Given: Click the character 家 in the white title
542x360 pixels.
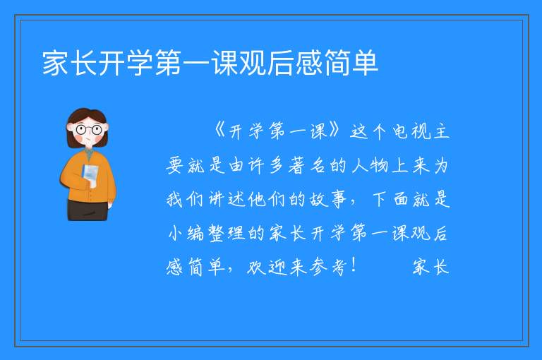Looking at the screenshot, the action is tap(56, 63).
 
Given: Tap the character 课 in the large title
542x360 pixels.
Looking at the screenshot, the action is tap(224, 63).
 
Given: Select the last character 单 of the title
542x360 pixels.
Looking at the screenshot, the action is tap(365, 63).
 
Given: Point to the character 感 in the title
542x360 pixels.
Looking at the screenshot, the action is tap(308, 63).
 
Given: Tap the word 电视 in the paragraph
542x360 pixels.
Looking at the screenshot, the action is tap(411, 131).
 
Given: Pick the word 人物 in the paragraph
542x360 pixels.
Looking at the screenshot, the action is tap(370, 165).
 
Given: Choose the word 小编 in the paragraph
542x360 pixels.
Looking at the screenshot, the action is tap(186, 233).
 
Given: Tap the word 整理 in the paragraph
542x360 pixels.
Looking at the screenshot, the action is tap(227, 233).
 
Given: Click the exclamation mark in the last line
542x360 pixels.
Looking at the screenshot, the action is tap(354, 265).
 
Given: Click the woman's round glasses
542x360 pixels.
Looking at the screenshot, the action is tap(89, 130).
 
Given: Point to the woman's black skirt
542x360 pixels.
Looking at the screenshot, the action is tap(88, 210).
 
